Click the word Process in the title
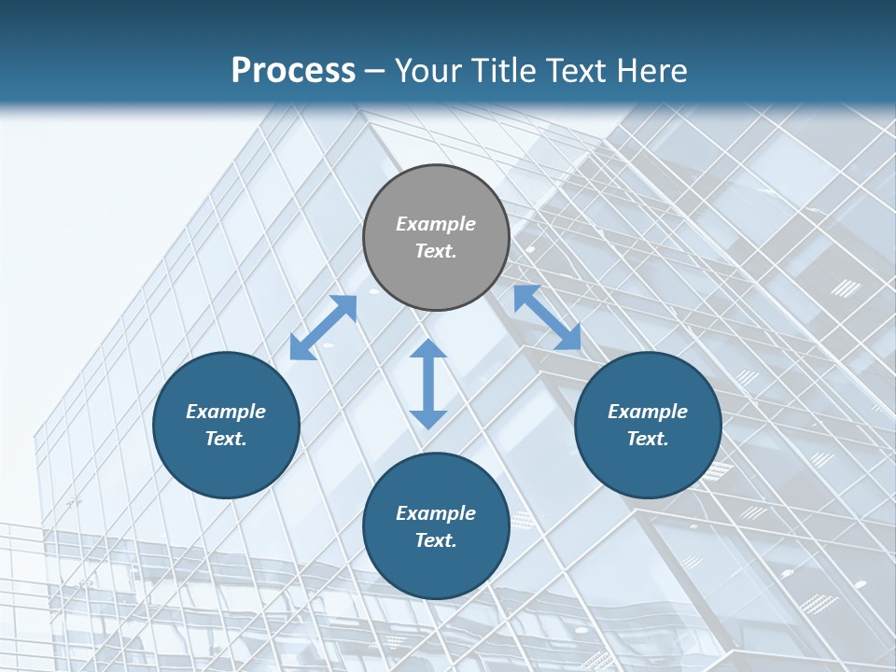point(293,70)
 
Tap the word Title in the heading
point(504,70)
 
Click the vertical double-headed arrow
point(428,384)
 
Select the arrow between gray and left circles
point(323,328)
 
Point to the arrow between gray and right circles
point(547,317)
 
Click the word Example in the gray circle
point(436,224)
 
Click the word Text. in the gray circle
point(436,251)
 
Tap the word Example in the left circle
point(226,412)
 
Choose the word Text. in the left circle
point(226,439)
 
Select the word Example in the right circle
point(648,412)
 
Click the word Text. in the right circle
point(648,439)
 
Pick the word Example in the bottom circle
point(436,513)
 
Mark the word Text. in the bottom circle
point(436,540)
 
